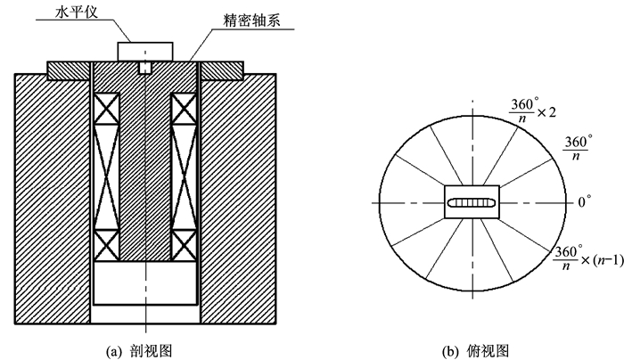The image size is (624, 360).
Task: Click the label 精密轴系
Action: pyautogui.click(x=251, y=20)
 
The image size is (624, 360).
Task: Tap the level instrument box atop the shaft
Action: pyautogui.click(x=145, y=52)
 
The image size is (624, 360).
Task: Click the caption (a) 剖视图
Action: pyautogui.click(x=139, y=352)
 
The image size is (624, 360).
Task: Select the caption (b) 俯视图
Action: pyautogui.click(x=475, y=352)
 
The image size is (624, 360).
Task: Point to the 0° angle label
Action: pyautogui.click(x=584, y=201)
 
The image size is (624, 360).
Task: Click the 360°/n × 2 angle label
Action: pyautogui.click(x=532, y=111)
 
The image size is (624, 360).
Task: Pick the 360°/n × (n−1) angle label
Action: pyautogui.click(x=587, y=258)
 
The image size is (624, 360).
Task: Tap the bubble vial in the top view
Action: pyautogui.click(x=472, y=203)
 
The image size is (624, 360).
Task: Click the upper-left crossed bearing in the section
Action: pyautogui.click(x=106, y=109)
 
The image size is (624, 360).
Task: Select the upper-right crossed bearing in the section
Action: pyautogui.click(x=184, y=109)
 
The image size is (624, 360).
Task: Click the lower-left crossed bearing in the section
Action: pyautogui.click(x=106, y=245)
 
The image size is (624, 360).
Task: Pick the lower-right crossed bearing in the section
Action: pyautogui.click(x=184, y=245)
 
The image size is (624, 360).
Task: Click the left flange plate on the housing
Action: pyautogui.click(x=69, y=70)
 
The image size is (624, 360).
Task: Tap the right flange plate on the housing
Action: pyautogui.click(x=222, y=70)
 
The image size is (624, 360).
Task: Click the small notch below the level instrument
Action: pyautogui.click(x=145, y=68)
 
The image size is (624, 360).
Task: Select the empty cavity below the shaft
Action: pyautogui.click(x=145, y=282)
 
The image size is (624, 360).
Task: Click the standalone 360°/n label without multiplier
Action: pyautogui.click(x=577, y=148)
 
